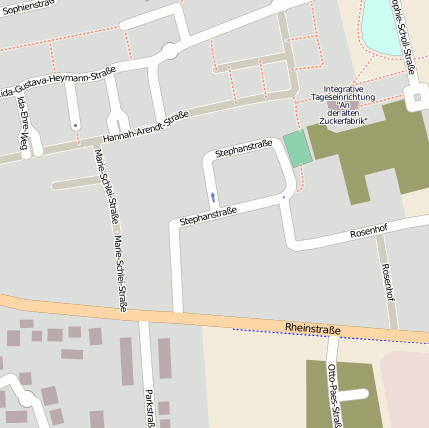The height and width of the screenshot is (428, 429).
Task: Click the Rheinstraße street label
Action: click(x=313, y=328)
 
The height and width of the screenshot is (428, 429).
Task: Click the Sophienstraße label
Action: click(x=25, y=6)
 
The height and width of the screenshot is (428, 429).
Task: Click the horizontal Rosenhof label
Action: click(x=367, y=232)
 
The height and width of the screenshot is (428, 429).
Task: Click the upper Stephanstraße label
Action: click(x=243, y=147)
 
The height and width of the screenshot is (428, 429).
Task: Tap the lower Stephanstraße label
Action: click(x=208, y=214)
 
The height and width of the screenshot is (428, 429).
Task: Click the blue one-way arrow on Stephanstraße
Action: click(x=212, y=196)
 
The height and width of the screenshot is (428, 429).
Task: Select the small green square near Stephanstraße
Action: click(x=296, y=149)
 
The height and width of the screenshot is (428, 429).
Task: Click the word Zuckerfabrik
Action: click(x=342, y=120)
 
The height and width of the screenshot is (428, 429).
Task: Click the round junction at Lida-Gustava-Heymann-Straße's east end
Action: click(x=169, y=50)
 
